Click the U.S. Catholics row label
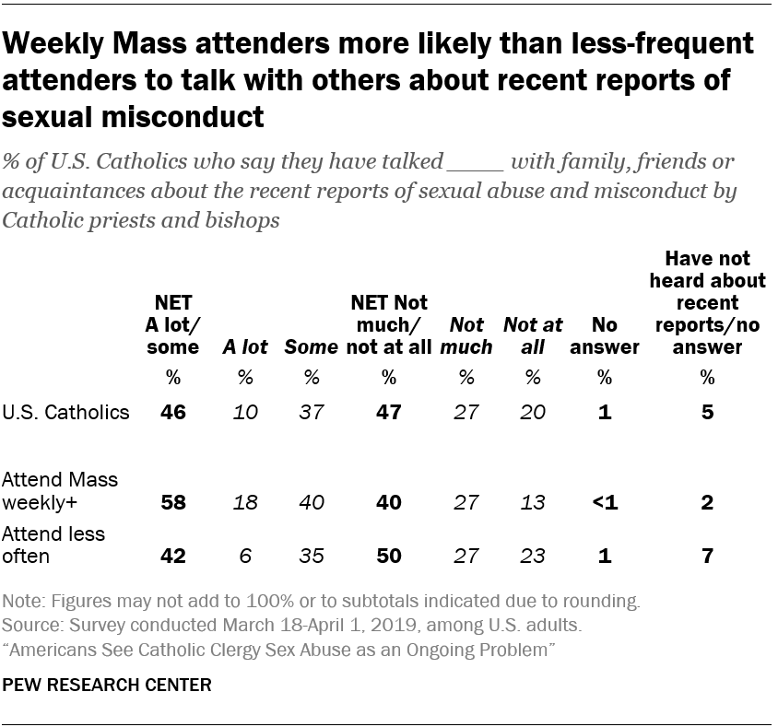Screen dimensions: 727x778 coord(66,412)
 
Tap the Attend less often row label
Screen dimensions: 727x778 coord(54,545)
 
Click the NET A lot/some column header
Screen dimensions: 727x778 coord(173,325)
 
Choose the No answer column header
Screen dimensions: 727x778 coord(605,336)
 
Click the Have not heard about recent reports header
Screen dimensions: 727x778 coord(707,303)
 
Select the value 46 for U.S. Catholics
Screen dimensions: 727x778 coord(173,412)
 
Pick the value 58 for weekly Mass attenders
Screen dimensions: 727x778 coord(173,502)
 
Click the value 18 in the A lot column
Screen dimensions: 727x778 coord(245,502)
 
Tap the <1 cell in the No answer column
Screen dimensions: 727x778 coord(605,502)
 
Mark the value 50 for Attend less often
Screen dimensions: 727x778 coord(388,556)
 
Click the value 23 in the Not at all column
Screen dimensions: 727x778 coord(532,556)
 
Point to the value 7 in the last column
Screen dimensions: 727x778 coord(707,556)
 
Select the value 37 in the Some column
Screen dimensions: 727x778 coord(312,412)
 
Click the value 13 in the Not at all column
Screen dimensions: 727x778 coord(532,502)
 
